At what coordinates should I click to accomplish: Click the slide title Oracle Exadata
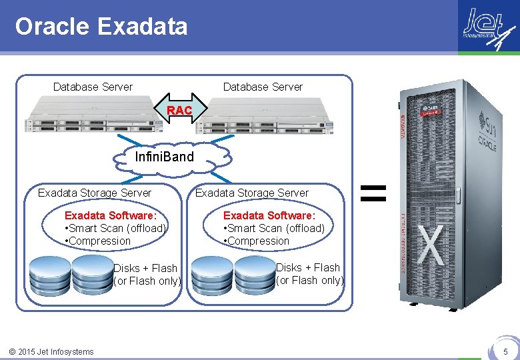tap(101, 27)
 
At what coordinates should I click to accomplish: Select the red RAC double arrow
tap(179, 110)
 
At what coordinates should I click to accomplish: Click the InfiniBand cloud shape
tap(164, 157)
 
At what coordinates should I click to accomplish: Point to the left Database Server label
tap(93, 87)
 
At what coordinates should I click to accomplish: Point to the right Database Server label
tap(263, 87)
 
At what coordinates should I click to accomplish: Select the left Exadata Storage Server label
tap(95, 193)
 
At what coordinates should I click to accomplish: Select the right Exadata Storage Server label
tap(252, 193)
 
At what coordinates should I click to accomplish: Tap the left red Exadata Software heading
tap(111, 215)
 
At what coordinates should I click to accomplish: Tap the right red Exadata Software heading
tap(269, 215)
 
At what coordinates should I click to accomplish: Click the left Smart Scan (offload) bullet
tap(115, 228)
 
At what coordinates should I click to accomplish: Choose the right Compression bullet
tap(257, 241)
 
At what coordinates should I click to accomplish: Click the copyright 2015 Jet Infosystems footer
tap(51, 351)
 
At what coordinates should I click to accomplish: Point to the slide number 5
tap(505, 351)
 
